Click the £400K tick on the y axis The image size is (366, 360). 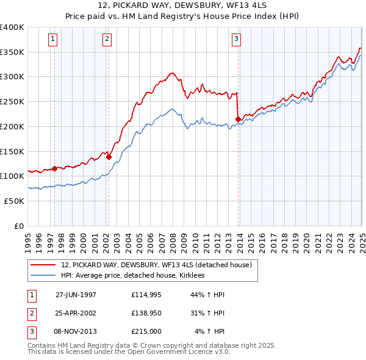pos(12,27)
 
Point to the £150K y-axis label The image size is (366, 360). pos(12,151)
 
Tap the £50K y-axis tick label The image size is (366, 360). pos(14,200)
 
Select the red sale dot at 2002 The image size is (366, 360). pos(109,157)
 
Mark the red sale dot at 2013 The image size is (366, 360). pos(237,119)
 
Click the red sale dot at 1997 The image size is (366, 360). pos(54,168)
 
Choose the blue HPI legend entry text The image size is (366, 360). pos(132,275)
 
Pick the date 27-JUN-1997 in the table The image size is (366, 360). pos(76,295)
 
